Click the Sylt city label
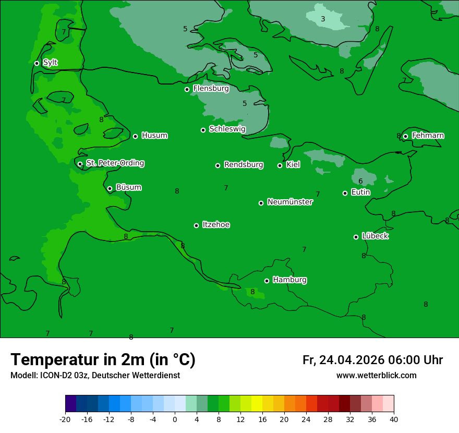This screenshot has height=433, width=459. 50,63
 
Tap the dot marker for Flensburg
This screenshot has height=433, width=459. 187,89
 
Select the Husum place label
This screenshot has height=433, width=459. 154,136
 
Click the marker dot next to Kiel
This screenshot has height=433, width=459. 280,165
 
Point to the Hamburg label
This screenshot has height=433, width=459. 289,280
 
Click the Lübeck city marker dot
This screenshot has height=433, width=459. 356,237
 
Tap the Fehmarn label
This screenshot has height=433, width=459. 428,136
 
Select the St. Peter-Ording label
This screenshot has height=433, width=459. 115,163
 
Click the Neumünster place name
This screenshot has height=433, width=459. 290,202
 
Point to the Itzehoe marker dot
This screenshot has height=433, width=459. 196,225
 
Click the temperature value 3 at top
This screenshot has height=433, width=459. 323,19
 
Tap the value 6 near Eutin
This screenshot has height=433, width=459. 360,182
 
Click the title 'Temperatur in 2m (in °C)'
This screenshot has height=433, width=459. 103,359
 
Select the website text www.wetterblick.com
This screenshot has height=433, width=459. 376,376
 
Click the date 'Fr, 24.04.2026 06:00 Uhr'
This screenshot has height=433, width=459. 372,360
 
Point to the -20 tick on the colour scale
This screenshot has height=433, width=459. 65,419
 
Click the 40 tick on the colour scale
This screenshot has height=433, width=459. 394,419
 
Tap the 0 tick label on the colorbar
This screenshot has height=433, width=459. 175,419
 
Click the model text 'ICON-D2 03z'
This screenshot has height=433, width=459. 63,376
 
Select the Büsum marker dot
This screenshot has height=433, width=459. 110,188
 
